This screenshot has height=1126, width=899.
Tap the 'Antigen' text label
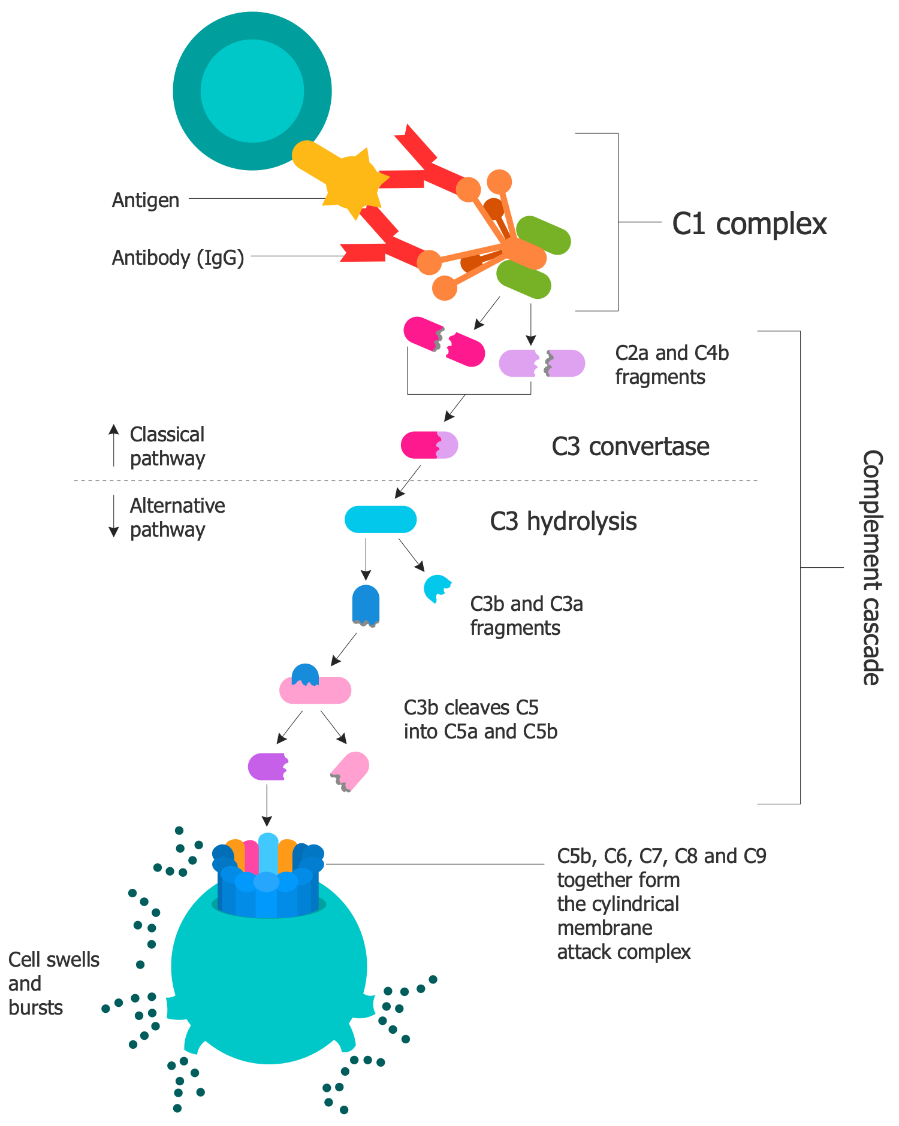[x=146, y=200]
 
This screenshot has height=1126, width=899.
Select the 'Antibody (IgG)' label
[x=178, y=258]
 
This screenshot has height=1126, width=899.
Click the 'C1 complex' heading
[x=749, y=224]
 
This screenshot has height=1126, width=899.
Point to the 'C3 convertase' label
[x=630, y=447]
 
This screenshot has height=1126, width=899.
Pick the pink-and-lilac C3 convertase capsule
[x=429, y=445]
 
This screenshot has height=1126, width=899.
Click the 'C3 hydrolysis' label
[x=563, y=521]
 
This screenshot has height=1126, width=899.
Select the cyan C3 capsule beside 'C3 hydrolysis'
[x=381, y=519]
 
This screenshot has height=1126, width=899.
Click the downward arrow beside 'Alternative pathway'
[x=114, y=516]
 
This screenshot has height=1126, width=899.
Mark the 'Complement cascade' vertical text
[x=871, y=567]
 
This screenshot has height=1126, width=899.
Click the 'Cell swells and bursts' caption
[x=53, y=983]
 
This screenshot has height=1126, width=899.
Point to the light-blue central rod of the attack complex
[x=268, y=856]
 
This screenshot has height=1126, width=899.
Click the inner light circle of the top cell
[x=252, y=91]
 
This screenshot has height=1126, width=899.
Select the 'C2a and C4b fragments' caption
[x=672, y=365]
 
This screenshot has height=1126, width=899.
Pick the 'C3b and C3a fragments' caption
[x=526, y=616]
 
